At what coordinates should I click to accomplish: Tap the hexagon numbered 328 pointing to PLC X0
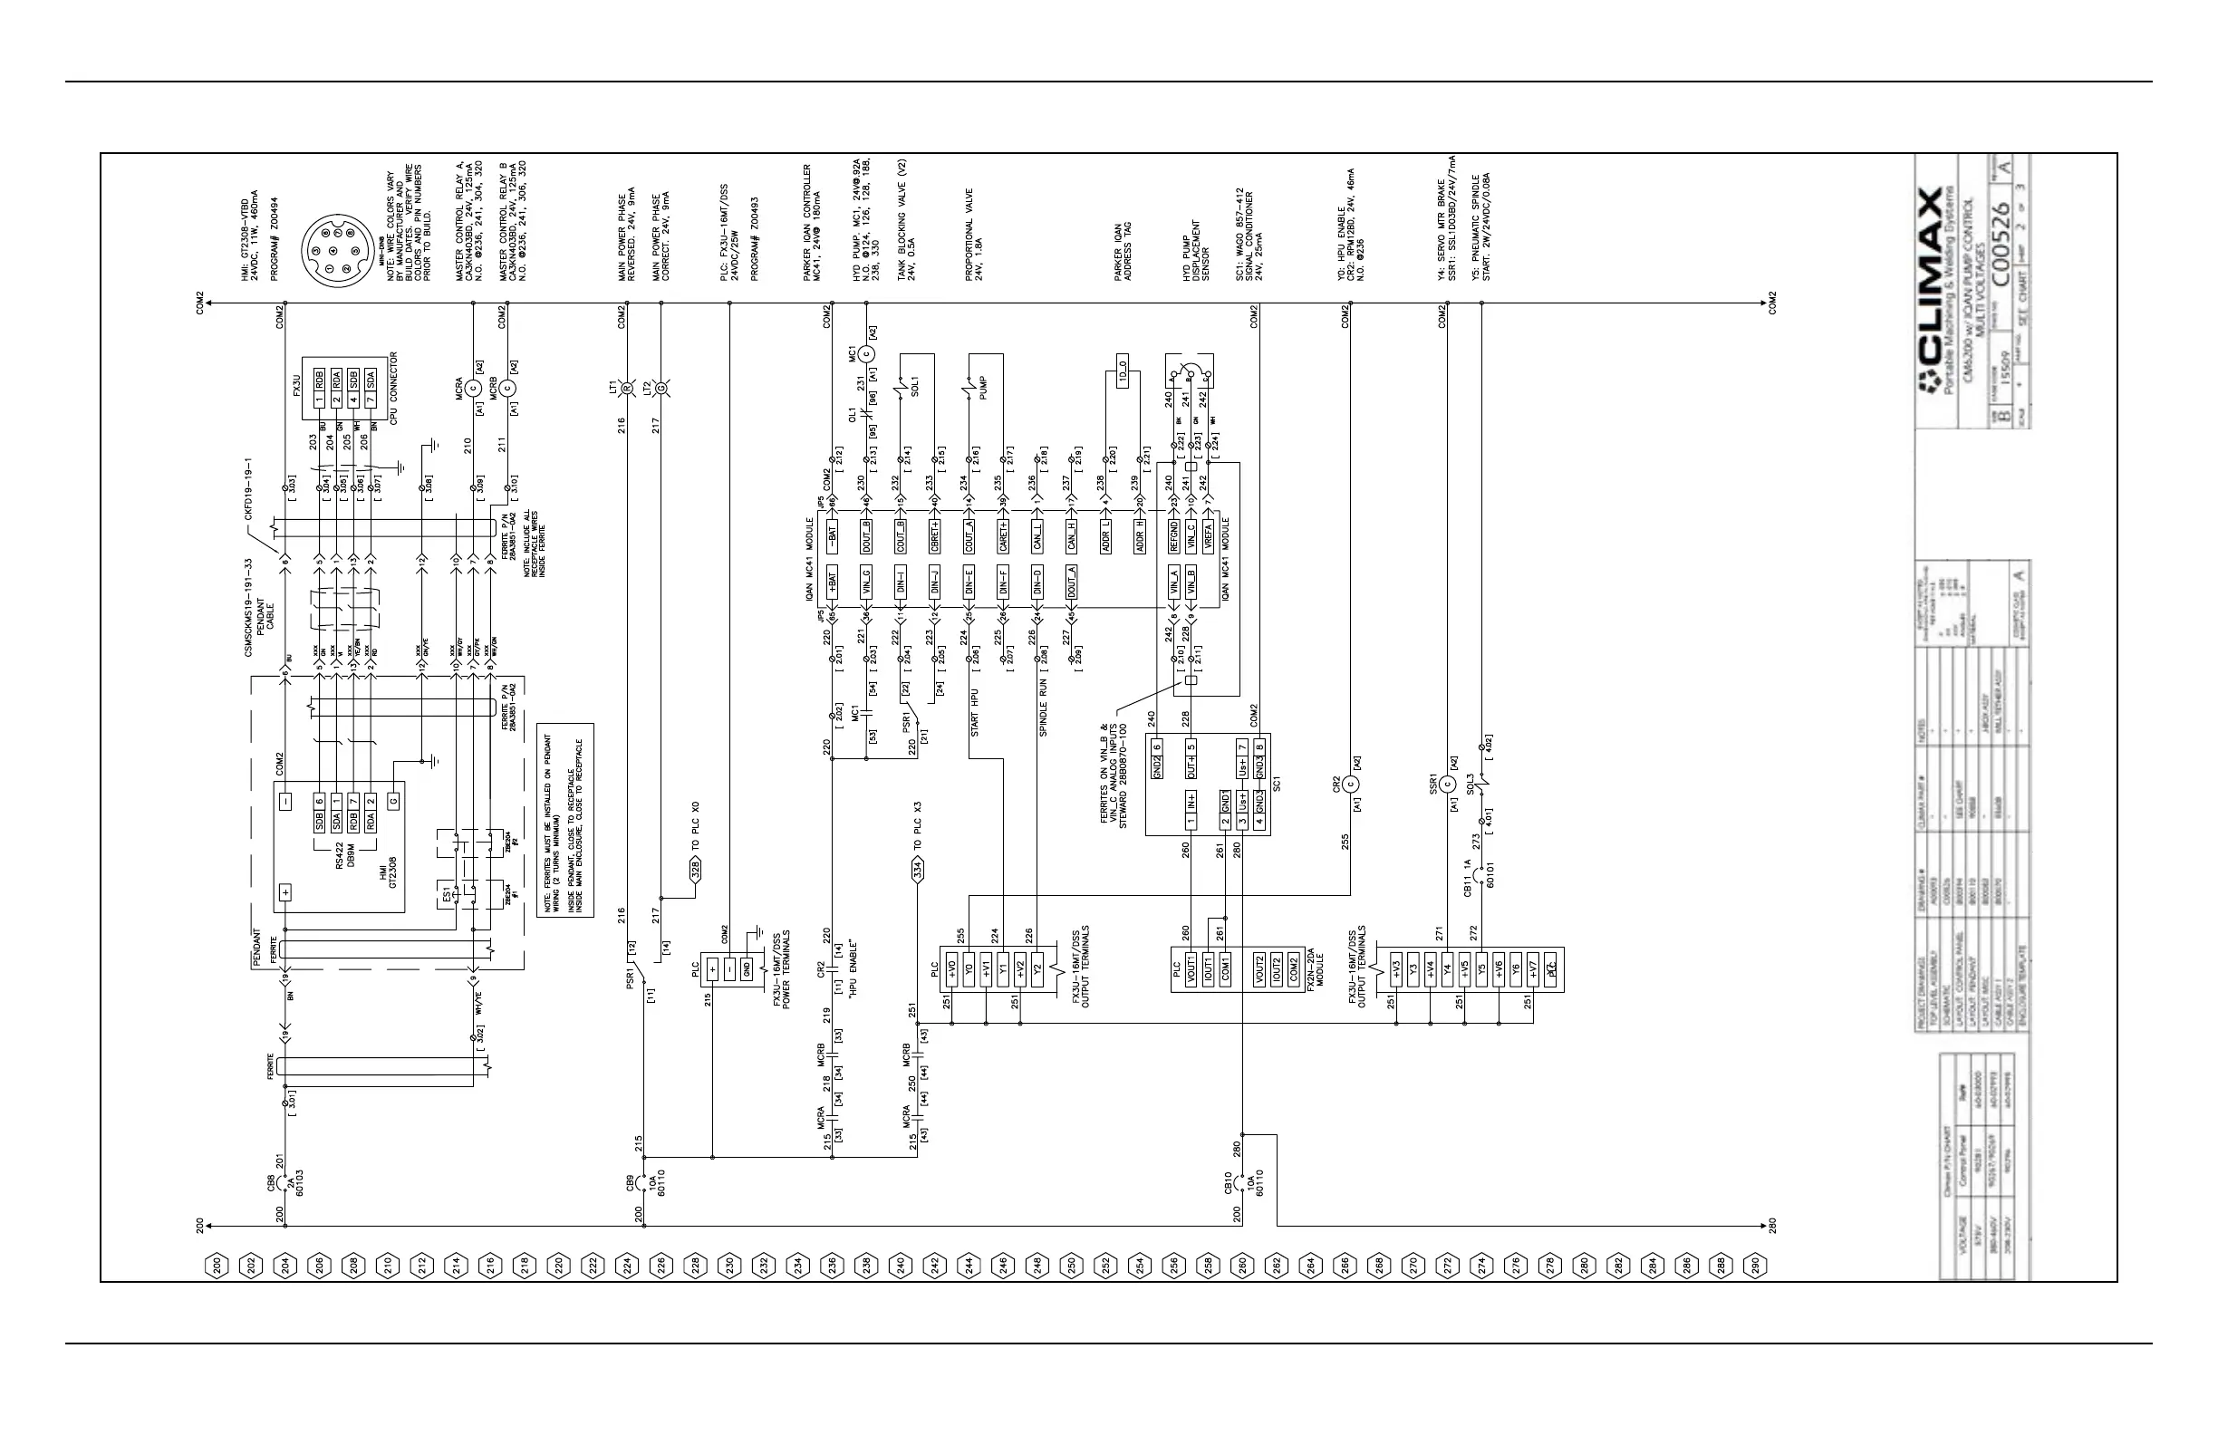point(694,871)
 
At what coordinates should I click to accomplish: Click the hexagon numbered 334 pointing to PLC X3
point(917,871)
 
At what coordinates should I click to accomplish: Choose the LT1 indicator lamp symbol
point(626,387)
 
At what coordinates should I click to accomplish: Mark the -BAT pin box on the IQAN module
point(833,534)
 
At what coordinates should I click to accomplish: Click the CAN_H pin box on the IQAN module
point(1072,535)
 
